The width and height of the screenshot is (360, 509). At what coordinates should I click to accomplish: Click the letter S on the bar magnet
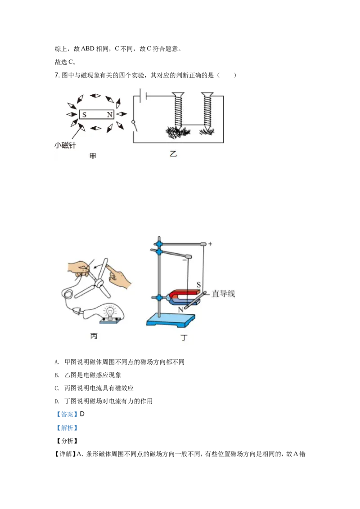pyautogui.click(x=85, y=115)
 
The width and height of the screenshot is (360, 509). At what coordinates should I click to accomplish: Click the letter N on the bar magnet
pyautogui.click(x=109, y=115)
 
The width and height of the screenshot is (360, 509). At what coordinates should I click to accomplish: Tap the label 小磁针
pyautogui.click(x=64, y=145)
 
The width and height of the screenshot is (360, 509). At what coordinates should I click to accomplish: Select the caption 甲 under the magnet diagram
pyautogui.click(x=93, y=156)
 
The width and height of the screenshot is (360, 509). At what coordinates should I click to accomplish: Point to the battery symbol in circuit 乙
pyautogui.click(x=143, y=96)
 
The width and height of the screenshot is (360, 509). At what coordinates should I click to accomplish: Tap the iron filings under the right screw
pyautogui.click(x=207, y=131)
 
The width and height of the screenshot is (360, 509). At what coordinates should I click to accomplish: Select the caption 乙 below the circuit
pyautogui.click(x=173, y=154)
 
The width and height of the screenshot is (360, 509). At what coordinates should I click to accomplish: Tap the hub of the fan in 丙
pyautogui.click(x=100, y=283)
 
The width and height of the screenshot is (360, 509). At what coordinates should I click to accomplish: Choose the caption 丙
pyautogui.click(x=94, y=336)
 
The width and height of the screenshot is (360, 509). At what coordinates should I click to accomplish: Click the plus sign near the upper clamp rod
pyautogui.click(x=210, y=244)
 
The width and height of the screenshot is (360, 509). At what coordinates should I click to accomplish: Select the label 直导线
pyautogui.click(x=224, y=294)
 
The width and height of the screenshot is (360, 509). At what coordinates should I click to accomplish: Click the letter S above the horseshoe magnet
pyautogui.click(x=198, y=285)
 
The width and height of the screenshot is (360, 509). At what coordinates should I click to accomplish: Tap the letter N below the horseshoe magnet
pyautogui.click(x=180, y=310)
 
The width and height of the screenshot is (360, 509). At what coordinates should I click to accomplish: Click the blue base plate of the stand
pyautogui.click(x=171, y=320)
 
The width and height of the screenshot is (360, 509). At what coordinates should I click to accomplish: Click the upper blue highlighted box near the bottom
pyautogui.click(x=67, y=414)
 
